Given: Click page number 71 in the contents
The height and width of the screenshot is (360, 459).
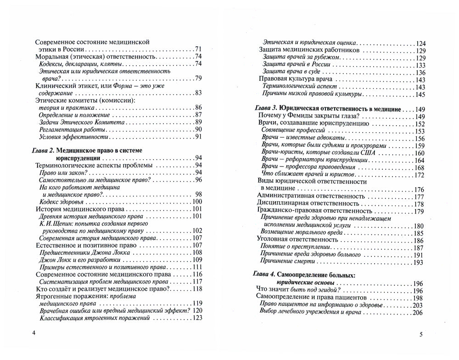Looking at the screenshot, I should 198,49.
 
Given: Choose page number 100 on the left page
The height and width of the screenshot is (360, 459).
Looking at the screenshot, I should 197,202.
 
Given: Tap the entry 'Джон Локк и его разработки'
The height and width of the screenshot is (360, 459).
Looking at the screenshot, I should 78,260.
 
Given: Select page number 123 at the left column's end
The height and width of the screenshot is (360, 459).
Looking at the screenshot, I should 197,318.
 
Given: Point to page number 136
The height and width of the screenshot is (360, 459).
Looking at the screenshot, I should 420,72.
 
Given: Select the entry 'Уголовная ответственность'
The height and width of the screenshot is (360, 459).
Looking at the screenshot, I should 297,240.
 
